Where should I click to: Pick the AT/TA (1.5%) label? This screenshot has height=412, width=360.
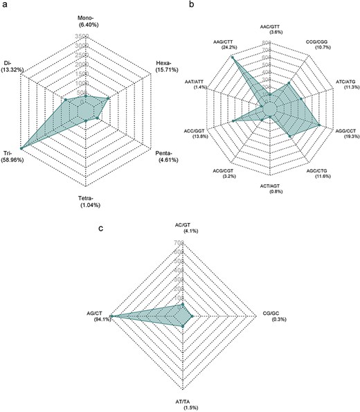[181, 403]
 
